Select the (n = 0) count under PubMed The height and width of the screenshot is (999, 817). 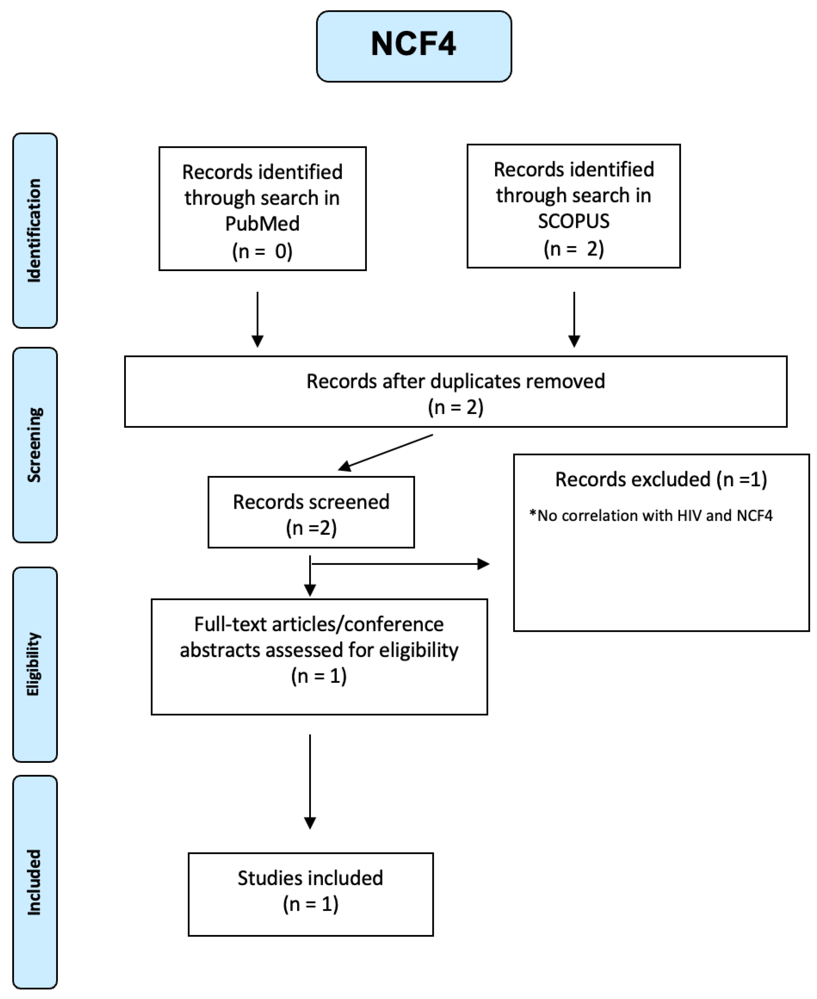262,251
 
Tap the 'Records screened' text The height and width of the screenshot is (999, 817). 311,502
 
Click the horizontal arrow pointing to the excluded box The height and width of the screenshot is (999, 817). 400,563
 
